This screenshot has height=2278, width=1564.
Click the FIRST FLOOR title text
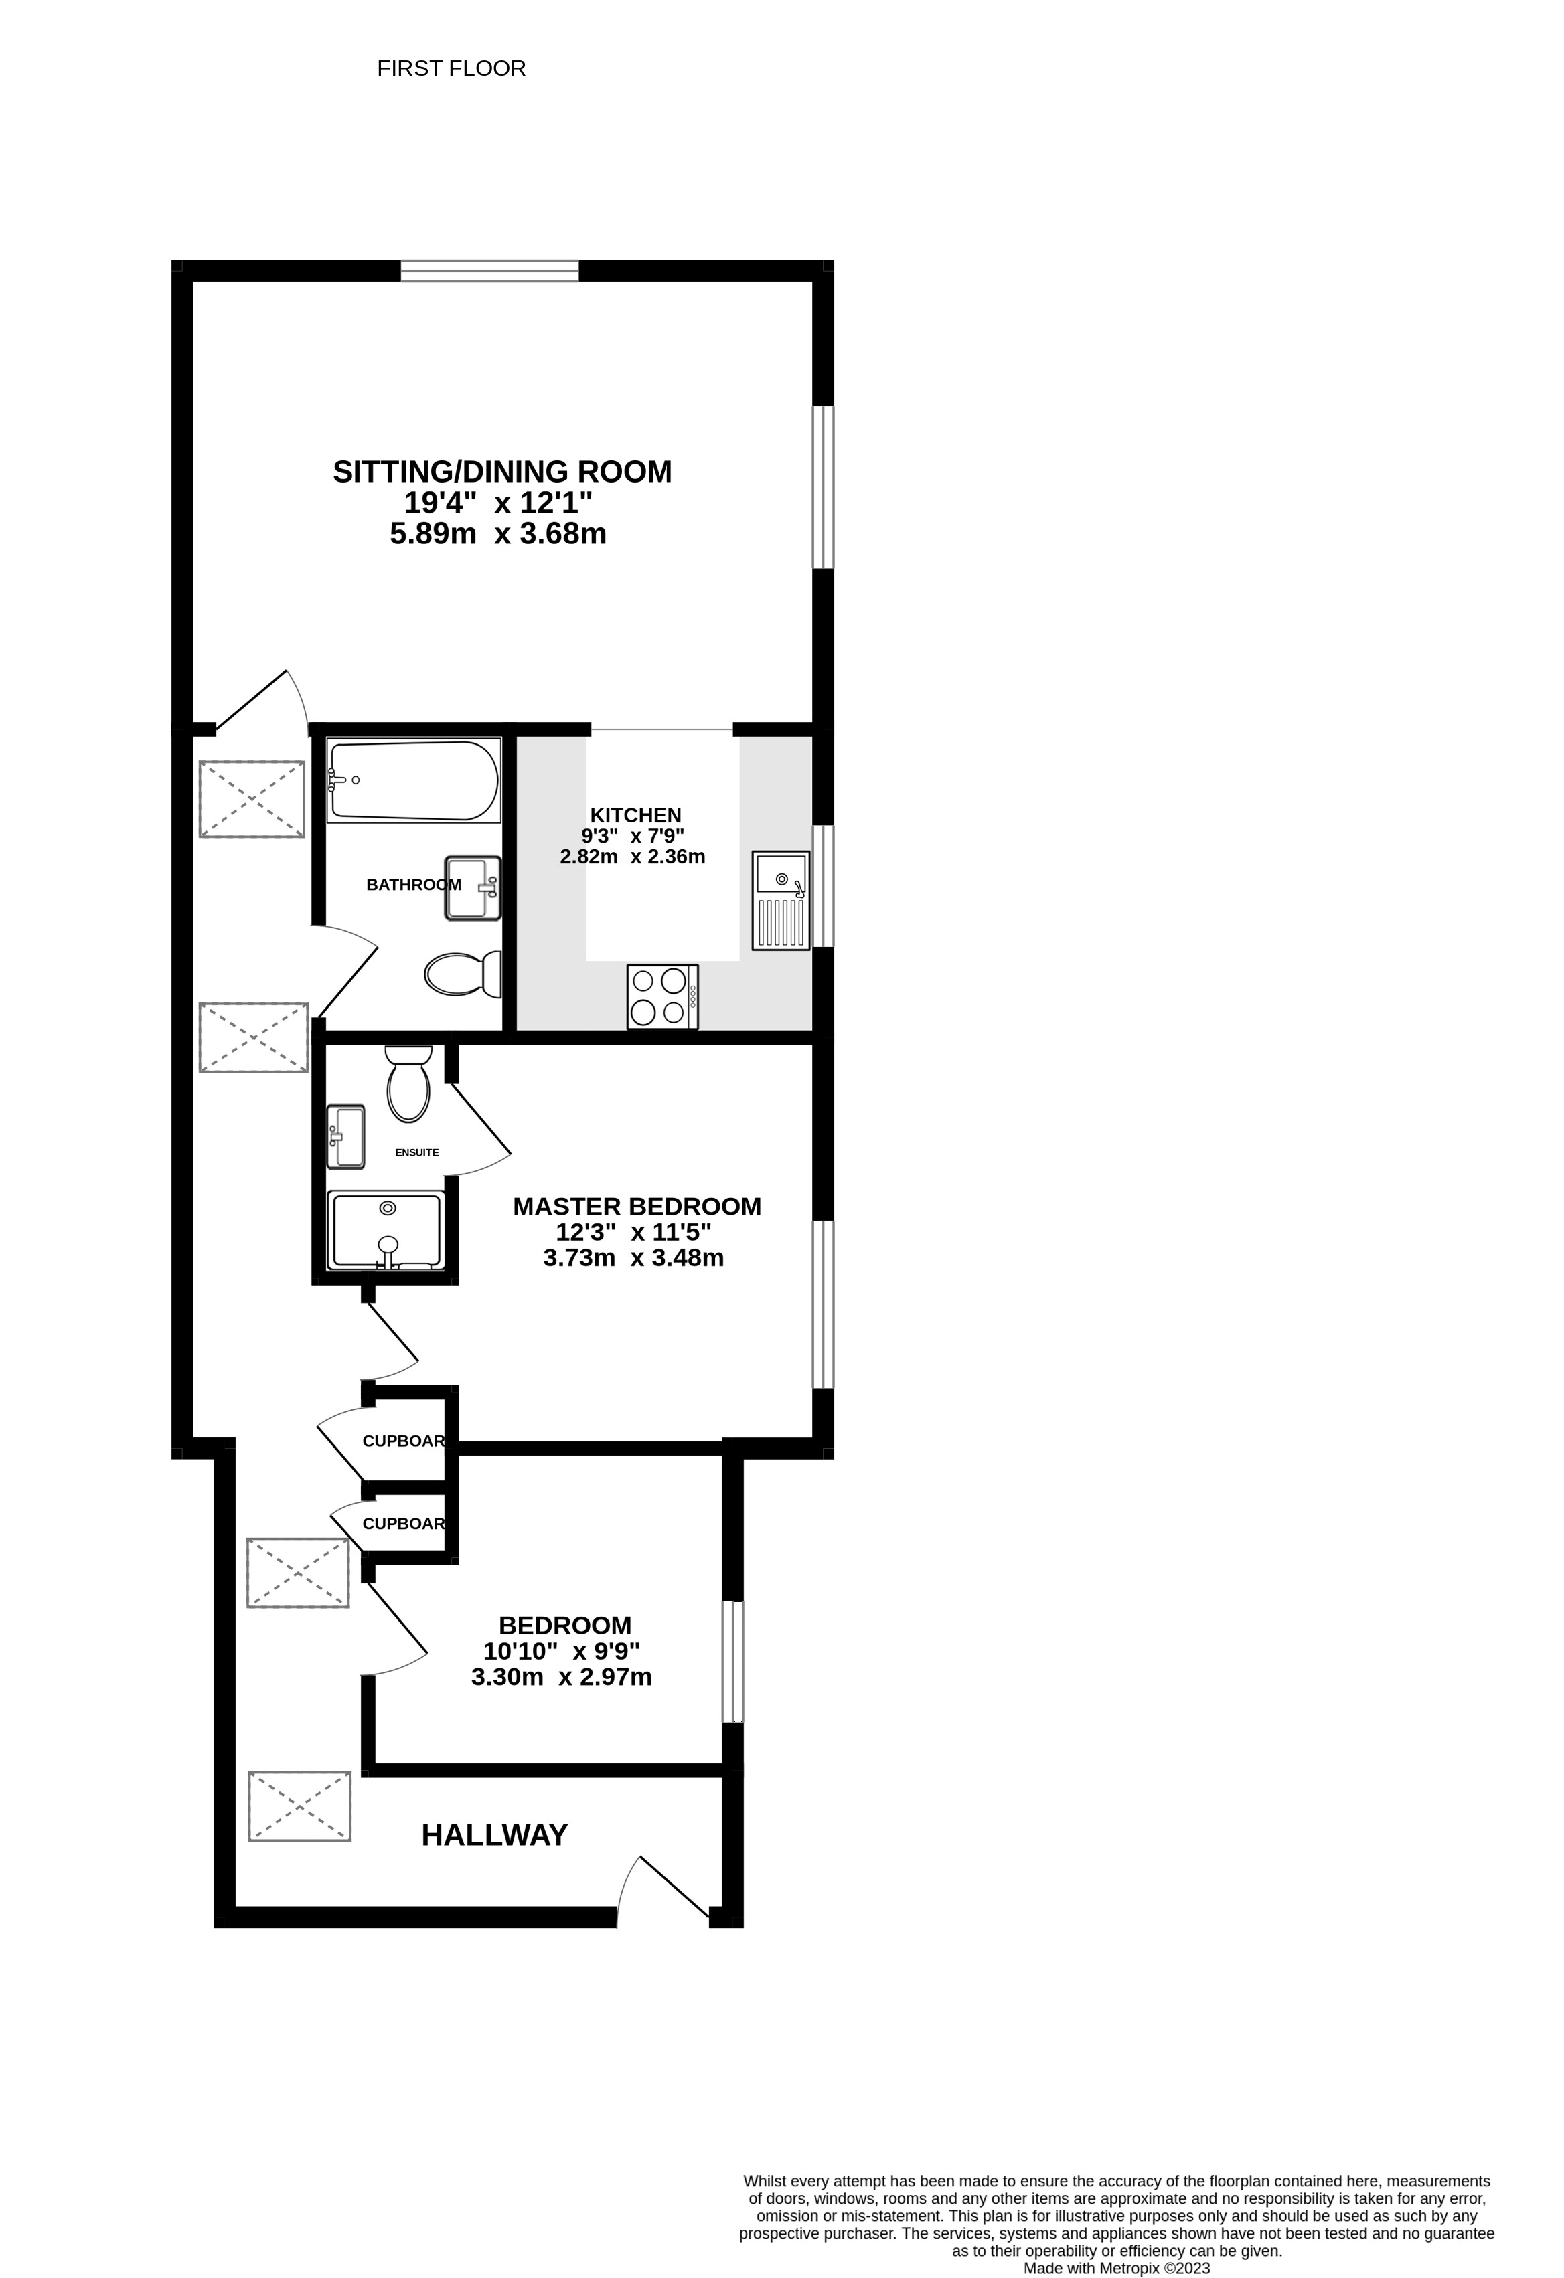click(x=451, y=69)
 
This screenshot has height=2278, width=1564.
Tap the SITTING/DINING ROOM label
click(x=502, y=472)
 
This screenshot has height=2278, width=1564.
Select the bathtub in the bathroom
click(x=415, y=780)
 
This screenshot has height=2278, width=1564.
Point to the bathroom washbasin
click(x=473, y=888)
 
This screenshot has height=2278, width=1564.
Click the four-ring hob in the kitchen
click(x=663, y=997)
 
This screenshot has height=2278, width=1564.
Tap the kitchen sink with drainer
click(x=781, y=901)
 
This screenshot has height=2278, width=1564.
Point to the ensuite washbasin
click(x=345, y=1137)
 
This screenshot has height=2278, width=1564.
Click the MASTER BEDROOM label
click(x=637, y=1207)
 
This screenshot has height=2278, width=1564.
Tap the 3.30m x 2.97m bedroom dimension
click(x=562, y=1677)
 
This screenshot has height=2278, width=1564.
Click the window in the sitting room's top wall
click(x=489, y=270)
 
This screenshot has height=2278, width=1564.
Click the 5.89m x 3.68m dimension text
click(x=498, y=534)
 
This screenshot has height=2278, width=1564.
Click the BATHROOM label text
click(x=414, y=885)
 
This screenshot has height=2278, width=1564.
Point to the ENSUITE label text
click(x=416, y=1153)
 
